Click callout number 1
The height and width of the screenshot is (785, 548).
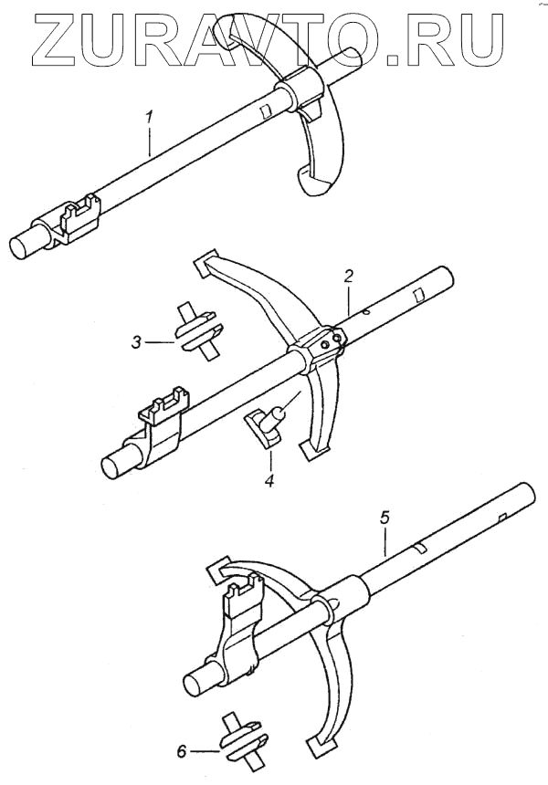[151, 118]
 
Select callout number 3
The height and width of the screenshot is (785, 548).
[136, 342]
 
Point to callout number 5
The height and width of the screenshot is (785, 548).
[385, 518]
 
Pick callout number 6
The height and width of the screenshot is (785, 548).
[182, 751]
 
